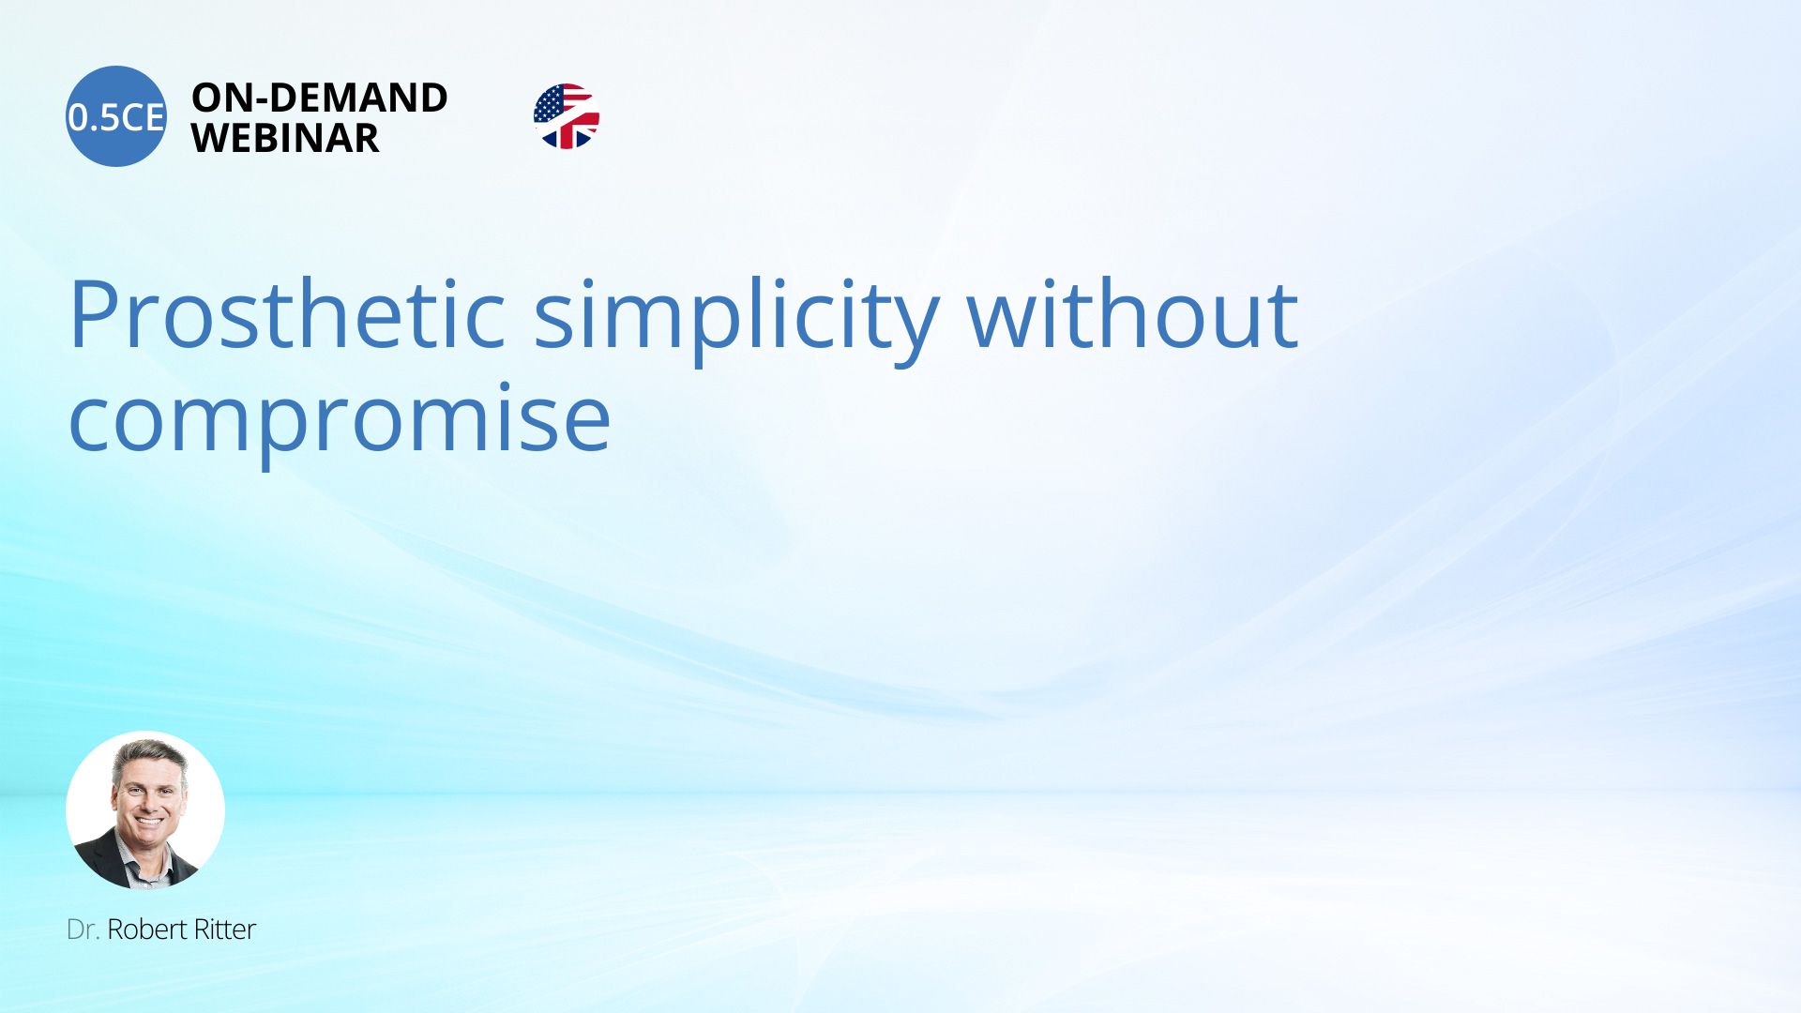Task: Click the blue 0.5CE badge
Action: click(x=116, y=116)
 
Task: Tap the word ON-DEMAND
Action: click(x=320, y=98)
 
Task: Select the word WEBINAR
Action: click(x=285, y=138)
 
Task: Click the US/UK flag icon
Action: click(x=567, y=116)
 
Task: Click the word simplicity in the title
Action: click(x=737, y=319)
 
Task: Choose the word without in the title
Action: click(x=1132, y=314)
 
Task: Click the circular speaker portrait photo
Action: click(x=145, y=810)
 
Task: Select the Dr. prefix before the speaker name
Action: click(x=83, y=930)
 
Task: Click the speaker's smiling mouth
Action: click(x=149, y=823)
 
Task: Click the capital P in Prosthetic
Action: click(x=93, y=315)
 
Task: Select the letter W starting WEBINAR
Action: click(x=212, y=138)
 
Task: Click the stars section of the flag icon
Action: click(x=549, y=104)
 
